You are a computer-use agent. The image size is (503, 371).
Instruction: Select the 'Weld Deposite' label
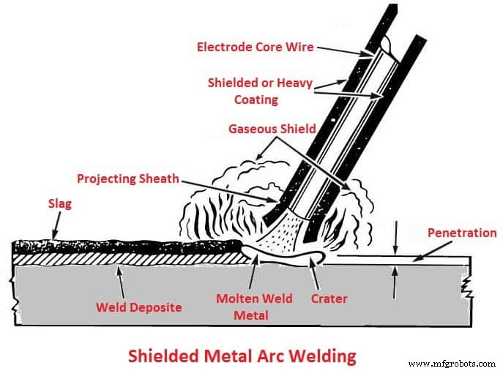(x=139, y=307)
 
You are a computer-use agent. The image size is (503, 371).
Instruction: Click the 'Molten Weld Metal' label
(x=253, y=307)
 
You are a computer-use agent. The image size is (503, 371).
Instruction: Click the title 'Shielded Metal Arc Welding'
(x=242, y=356)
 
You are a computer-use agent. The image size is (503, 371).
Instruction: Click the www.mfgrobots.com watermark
(x=452, y=364)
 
